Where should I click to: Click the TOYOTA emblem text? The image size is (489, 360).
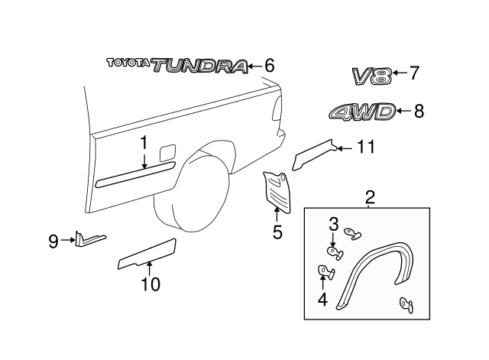pos(128,64)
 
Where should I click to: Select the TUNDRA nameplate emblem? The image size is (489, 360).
pos(200,66)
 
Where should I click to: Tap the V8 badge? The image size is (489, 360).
pos(372,75)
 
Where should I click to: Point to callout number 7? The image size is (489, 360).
pos(414,73)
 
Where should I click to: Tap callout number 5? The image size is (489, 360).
pos(277,230)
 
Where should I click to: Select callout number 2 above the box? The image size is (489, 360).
pos(370,197)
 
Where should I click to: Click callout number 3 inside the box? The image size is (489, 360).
pos(333,224)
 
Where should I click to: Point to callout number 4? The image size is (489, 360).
pos(322,299)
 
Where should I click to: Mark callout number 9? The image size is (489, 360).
pos(53,242)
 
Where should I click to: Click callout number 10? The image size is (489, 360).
pos(151,285)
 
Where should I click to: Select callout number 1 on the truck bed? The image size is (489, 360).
pos(143,142)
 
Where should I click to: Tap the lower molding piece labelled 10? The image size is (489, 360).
pos(147,254)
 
